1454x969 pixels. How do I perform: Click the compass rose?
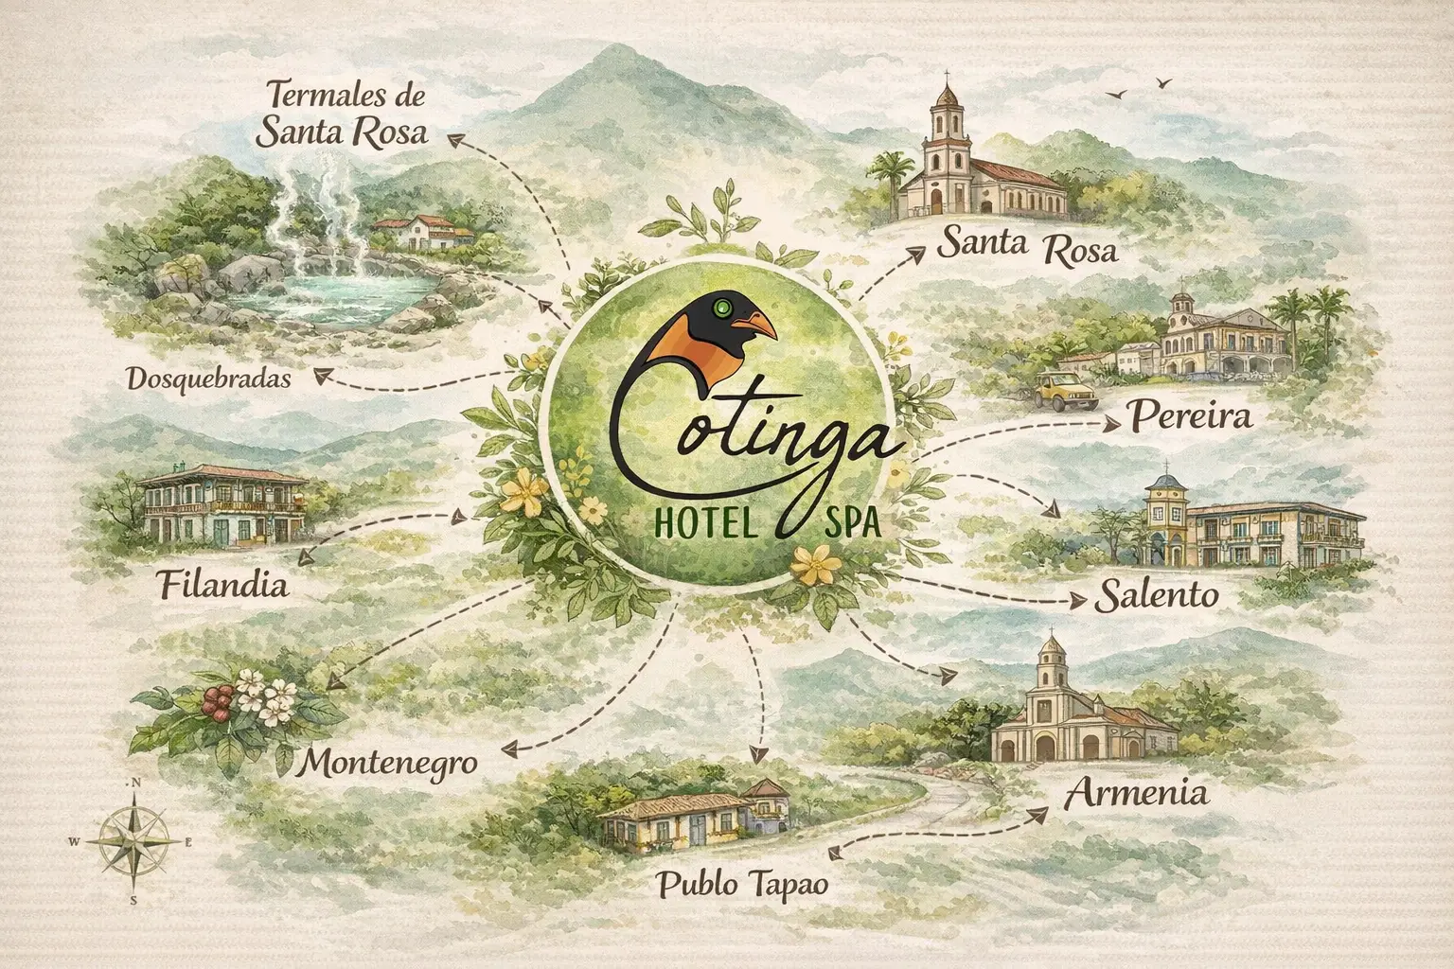pyautogui.click(x=134, y=837)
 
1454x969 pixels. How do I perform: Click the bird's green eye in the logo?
pyautogui.click(x=728, y=307)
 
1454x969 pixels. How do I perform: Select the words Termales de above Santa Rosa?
pyautogui.click(x=347, y=97)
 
